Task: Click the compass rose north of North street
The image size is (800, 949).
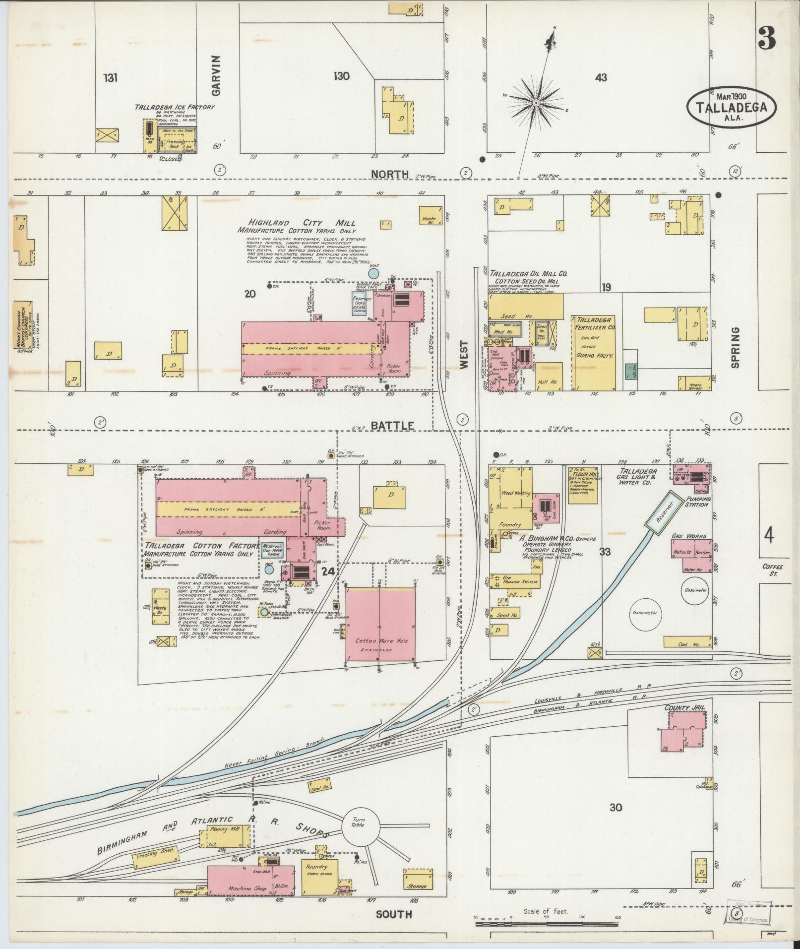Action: click(536, 103)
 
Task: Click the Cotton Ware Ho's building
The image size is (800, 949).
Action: click(380, 625)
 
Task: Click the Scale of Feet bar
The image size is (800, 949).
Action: click(546, 924)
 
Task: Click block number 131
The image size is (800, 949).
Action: click(111, 78)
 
